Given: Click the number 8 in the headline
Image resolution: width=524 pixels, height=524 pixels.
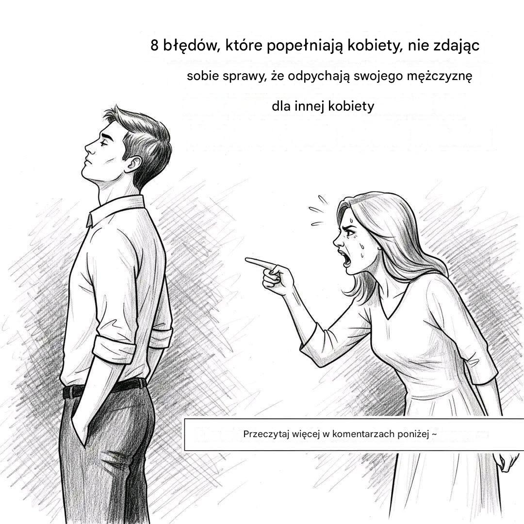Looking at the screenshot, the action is click(154, 45).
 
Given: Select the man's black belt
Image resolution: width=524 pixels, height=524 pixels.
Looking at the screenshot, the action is click(105, 388).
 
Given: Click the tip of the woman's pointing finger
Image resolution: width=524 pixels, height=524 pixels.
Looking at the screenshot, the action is click(246, 259).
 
